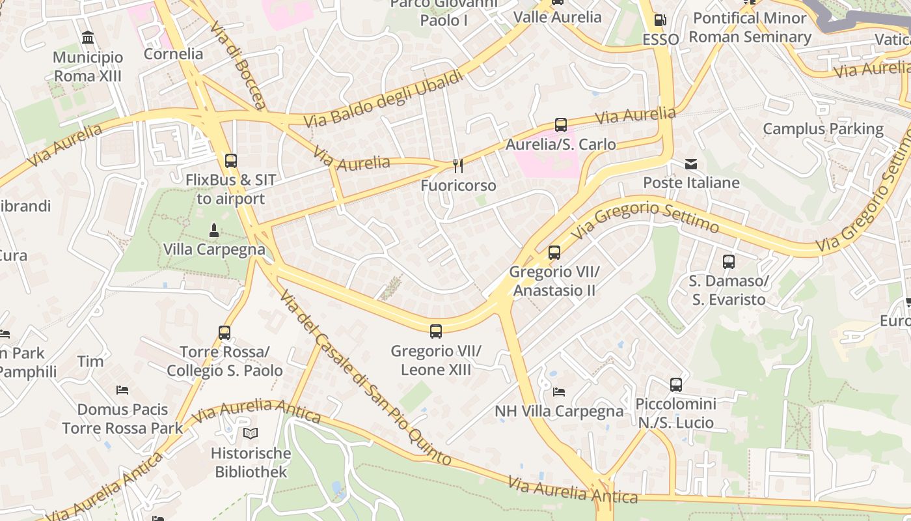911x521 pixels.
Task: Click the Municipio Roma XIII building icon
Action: point(88,38)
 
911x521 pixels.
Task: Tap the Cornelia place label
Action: point(173,53)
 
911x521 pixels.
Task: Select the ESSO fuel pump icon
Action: point(660,20)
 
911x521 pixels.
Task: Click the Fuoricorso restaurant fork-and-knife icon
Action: point(458,165)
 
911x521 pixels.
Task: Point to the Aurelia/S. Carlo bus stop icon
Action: point(560,124)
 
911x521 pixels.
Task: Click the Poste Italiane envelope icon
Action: point(690,163)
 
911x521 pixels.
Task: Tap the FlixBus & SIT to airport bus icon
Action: point(230,160)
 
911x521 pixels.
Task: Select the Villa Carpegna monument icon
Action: point(213,230)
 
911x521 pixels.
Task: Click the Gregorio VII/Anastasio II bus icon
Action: point(554,252)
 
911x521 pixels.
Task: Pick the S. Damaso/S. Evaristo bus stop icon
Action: point(728,262)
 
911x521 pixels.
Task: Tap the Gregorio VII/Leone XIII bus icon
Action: point(435,331)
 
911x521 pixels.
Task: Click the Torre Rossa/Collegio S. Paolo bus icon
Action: point(224,333)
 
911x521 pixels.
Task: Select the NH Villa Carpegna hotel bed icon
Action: point(558,391)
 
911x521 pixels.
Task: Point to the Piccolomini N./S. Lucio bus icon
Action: point(675,385)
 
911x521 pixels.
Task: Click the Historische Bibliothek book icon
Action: point(251,433)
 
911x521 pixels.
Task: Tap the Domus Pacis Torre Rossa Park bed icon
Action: point(122,390)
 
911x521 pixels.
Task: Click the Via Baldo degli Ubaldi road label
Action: point(384,98)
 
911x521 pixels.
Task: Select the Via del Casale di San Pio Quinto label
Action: point(365,378)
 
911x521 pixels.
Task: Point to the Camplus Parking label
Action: point(823,128)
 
